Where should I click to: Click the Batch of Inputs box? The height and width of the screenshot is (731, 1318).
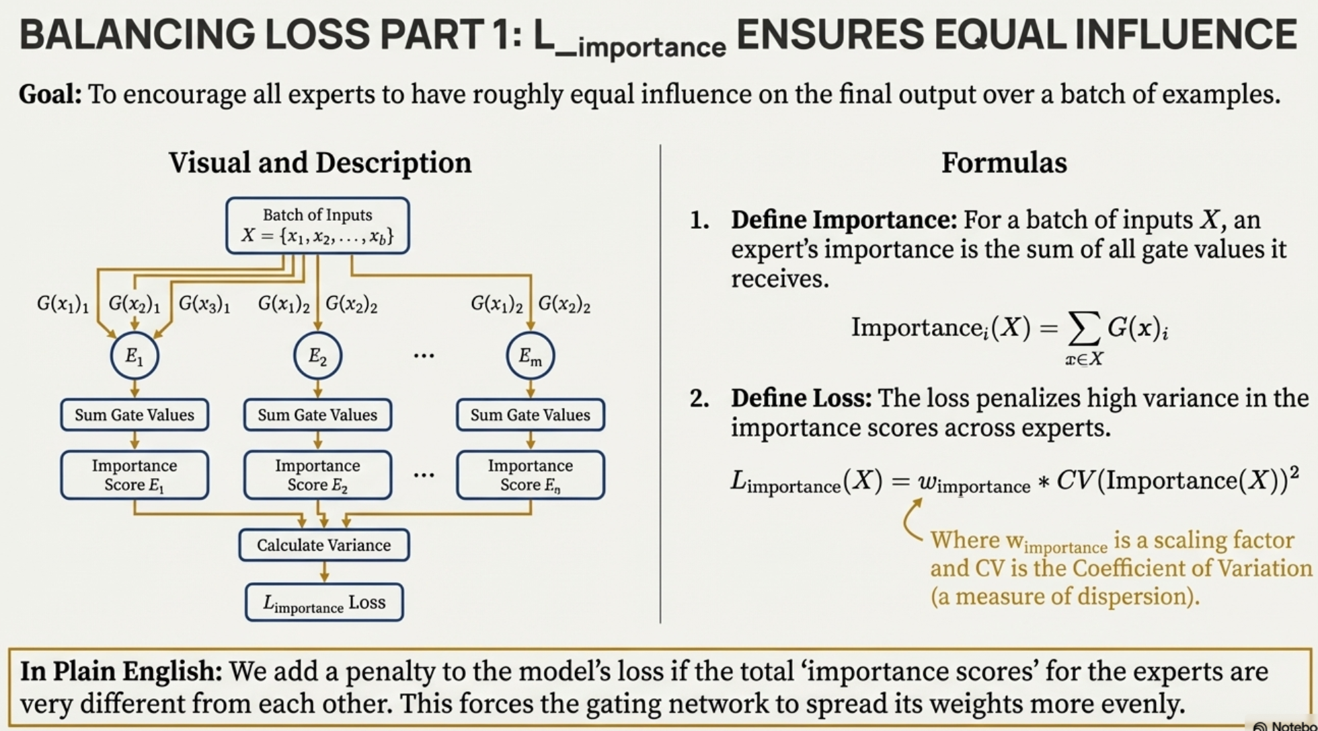[x=317, y=225]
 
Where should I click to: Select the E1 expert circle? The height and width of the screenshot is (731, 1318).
[x=134, y=355]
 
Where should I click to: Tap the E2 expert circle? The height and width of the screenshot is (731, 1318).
[x=317, y=355]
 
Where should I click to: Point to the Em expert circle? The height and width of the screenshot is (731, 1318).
[x=530, y=355]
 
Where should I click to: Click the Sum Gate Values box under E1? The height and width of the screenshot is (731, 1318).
[x=134, y=415]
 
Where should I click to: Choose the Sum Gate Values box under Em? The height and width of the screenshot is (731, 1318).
[x=530, y=415]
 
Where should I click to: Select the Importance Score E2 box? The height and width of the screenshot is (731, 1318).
[x=317, y=475]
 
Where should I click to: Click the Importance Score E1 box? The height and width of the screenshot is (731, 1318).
[x=134, y=475]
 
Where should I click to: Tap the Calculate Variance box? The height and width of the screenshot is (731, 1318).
[x=323, y=545]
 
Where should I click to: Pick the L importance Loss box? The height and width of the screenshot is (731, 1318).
[x=323, y=602]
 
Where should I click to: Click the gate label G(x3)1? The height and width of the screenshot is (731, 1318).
[x=204, y=304]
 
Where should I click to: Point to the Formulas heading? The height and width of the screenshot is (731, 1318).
[x=1003, y=163]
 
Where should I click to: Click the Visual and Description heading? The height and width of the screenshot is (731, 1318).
[x=320, y=163]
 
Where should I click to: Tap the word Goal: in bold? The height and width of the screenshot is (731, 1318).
[x=50, y=94]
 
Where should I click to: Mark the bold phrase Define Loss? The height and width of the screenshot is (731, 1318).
[x=801, y=398]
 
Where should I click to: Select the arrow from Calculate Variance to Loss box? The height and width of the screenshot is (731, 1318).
[x=324, y=572]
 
